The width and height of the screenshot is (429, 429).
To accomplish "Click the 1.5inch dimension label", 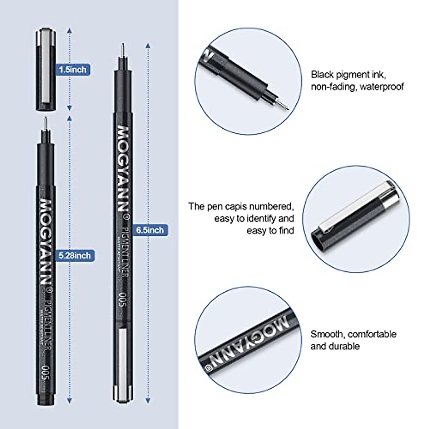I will [73, 69].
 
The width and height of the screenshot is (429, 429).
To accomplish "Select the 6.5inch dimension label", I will [149, 230].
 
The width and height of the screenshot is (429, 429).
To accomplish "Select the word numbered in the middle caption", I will [271, 206].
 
